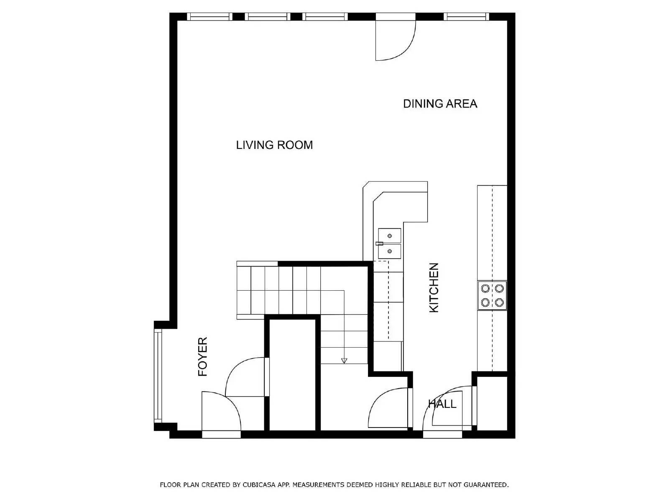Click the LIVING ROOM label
click(x=274, y=145)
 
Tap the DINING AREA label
click(x=440, y=104)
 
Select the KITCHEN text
click(x=434, y=287)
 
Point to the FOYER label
click(x=203, y=357)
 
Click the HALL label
click(x=442, y=404)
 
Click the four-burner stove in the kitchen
click(x=492, y=295)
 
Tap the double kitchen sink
click(x=389, y=243)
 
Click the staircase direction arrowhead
click(x=344, y=360)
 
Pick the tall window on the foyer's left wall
click(x=158, y=376)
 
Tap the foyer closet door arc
click(x=245, y=376)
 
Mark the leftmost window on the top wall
click(x=209, y=17)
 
